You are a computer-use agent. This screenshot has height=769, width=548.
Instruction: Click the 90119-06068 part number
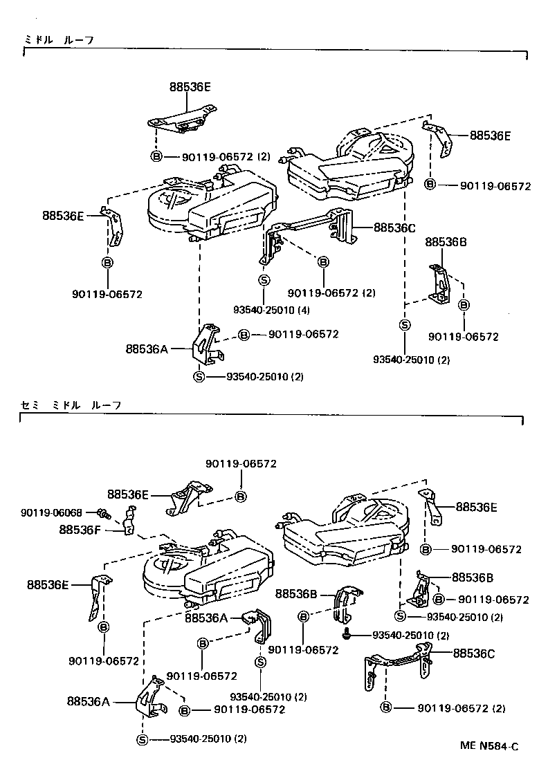(x=51, y=512)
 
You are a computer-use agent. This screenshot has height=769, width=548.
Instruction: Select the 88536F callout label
(x=81, y=530)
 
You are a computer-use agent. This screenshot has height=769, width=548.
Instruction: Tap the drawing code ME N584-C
(x=489, y=746)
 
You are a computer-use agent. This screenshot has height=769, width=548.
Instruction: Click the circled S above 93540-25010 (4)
(x=264, y=280)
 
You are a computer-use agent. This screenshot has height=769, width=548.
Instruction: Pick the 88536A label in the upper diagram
(x=147, y=349)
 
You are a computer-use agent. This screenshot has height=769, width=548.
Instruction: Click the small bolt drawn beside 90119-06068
(x=104, y=513)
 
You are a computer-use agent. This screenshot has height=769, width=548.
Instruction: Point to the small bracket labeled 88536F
(x=129, y=521)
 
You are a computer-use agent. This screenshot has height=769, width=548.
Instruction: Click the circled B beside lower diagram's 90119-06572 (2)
(x=386, y=707)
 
